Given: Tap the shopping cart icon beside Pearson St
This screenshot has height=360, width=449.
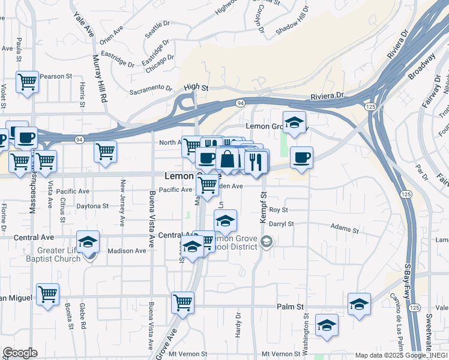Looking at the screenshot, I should click(x=27, y=81).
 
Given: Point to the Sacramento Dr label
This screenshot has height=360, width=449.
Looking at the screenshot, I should click(x=151, y=89).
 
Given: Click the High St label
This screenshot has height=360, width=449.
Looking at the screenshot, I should click(x=196, y=88).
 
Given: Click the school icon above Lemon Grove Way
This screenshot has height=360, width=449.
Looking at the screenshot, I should click(x=294, y=122).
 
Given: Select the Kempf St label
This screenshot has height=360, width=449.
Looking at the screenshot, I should click(x=263, y=208).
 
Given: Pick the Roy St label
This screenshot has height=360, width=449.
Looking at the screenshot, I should click(x=279, y=210).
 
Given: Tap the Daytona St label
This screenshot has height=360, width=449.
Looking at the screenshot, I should click(x=92, y=206).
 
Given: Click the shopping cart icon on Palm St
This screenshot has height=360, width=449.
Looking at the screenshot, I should click(x=182, y=302).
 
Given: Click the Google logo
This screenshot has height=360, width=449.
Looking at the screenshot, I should click(x=20, y=353).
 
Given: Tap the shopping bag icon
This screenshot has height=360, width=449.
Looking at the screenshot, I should click(x=228, y=160).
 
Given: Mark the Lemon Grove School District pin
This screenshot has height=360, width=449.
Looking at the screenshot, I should click(x=268, y=242).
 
